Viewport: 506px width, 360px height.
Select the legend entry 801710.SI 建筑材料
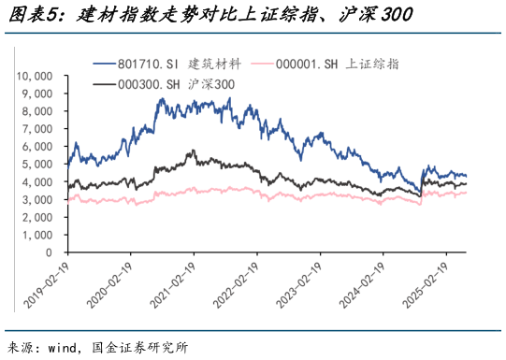point(180,65)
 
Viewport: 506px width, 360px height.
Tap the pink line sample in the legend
point(276,65)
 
